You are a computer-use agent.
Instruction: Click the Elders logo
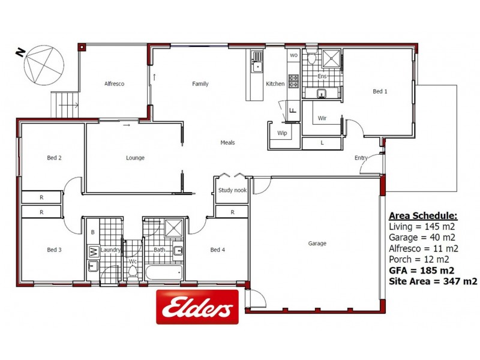click(197, 307)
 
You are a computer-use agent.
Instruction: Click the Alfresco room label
click(114, 84)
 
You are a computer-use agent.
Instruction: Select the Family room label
click(200, 84)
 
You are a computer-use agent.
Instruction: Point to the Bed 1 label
click(380, 92)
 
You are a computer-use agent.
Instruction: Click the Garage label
click(317, 244)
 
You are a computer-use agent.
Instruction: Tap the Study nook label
click(232, 191)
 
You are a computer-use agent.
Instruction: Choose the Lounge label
click(135, 158)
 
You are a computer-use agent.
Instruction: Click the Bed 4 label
click(218, 250)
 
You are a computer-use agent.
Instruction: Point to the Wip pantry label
click(282, 133)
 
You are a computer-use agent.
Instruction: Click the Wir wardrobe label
click(322, 118)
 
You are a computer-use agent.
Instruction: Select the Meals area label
click(227, 143)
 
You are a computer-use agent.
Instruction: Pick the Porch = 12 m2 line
click(419, 259)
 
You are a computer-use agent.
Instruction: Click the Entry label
click(361, 158)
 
